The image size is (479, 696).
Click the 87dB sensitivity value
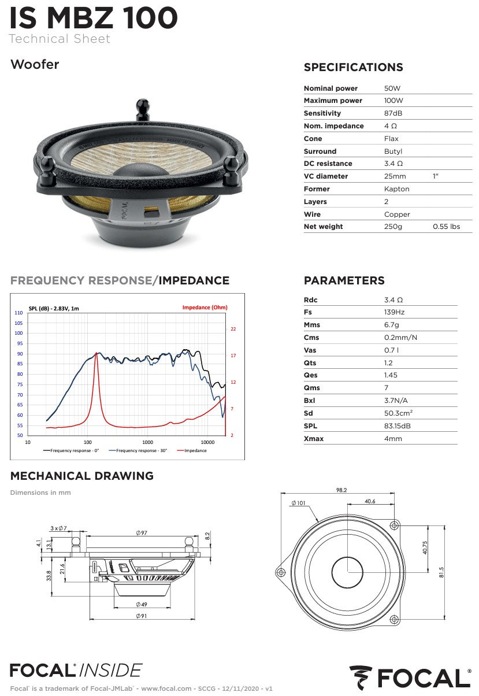[393, 113]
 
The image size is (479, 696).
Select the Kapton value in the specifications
[397, 189]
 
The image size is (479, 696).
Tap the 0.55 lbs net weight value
[447, 227]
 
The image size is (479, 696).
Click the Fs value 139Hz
[394, 312]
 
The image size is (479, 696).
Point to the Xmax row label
[314, 439]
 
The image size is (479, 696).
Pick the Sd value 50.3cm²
[398, 413]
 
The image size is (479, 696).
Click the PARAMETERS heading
[344, 280]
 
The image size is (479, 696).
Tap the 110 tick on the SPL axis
[18, 313]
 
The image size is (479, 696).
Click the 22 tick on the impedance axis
[233, 329]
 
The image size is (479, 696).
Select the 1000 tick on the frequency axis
[147, 442]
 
